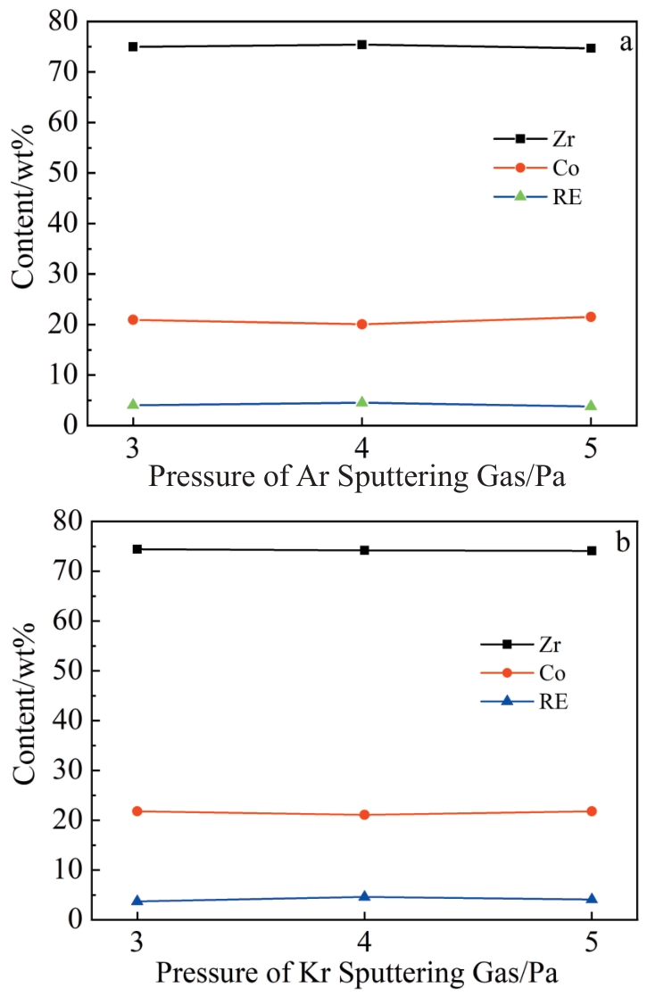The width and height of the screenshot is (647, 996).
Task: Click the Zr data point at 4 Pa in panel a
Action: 362,44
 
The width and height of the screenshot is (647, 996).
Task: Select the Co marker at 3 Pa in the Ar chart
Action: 133,319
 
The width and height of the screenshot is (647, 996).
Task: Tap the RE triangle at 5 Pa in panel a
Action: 591,406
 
